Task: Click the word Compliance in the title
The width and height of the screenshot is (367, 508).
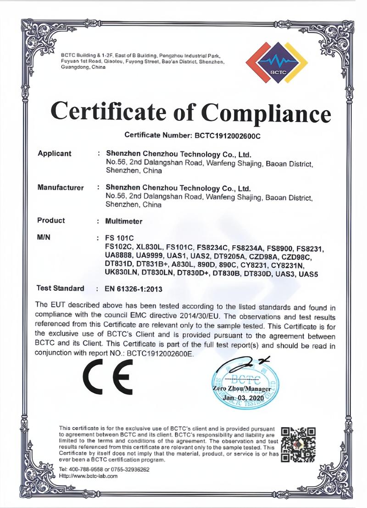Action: [266, 112]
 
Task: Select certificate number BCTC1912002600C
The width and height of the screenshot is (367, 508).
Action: [225, 135]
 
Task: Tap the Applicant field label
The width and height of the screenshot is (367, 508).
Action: [54, 153]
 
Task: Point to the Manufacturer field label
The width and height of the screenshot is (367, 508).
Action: [60, 187]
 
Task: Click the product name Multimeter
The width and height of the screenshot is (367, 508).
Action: [124, 221]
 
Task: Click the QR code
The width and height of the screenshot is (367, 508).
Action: [298, 444]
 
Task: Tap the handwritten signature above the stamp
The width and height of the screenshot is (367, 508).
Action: [243, 364]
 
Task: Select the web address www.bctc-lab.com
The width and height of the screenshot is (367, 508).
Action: [88, 476]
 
